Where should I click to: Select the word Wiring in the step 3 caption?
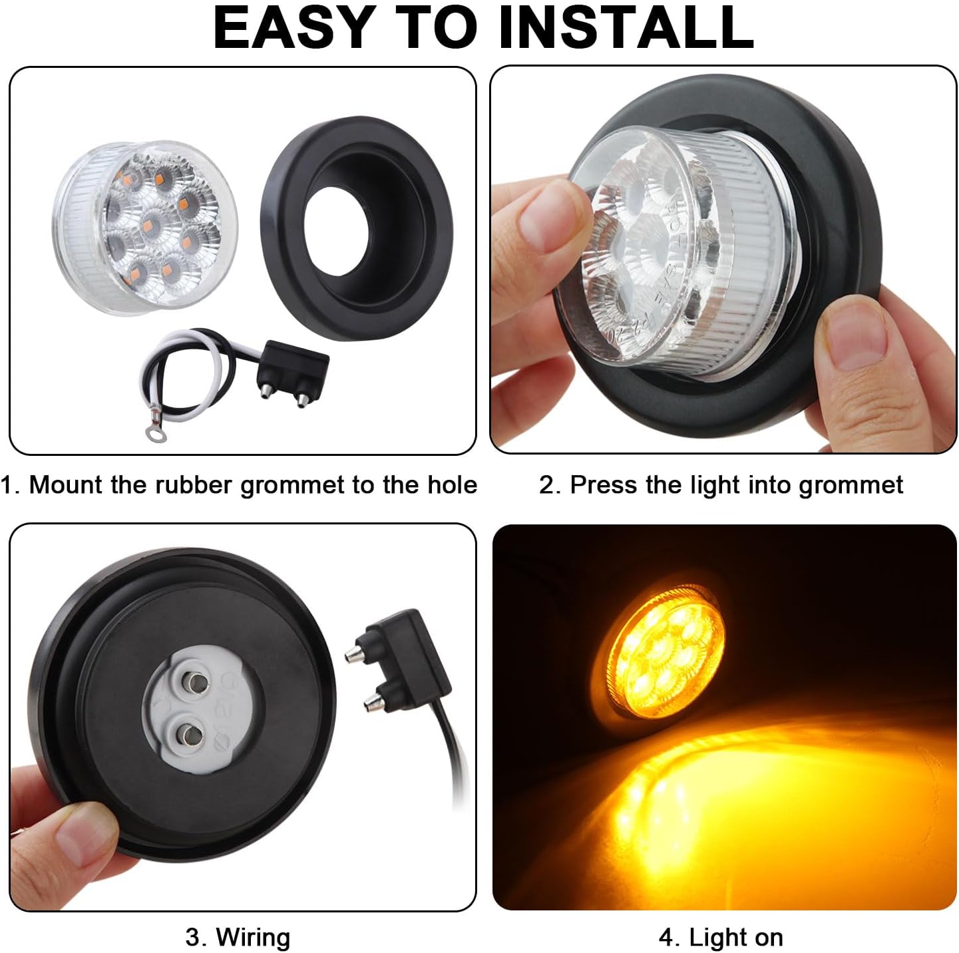[x=253, y=938]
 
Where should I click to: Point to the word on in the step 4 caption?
[x=769, y=938]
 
